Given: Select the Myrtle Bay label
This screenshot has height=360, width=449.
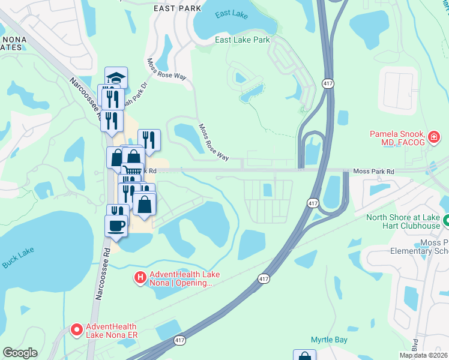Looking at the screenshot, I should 330,340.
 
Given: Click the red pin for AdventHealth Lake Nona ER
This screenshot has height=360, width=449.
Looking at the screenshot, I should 77,329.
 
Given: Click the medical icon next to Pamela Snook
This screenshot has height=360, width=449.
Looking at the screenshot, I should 434,139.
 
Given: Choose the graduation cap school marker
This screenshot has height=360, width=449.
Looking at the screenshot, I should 116,77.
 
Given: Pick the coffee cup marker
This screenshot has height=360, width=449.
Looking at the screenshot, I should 116,226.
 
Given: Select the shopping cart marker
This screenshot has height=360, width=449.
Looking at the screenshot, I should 133,173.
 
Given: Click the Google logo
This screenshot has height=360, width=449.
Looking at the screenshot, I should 20,353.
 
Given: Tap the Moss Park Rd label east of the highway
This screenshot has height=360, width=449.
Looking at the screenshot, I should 373,172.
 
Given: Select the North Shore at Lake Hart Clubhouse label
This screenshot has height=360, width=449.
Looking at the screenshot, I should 403,221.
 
